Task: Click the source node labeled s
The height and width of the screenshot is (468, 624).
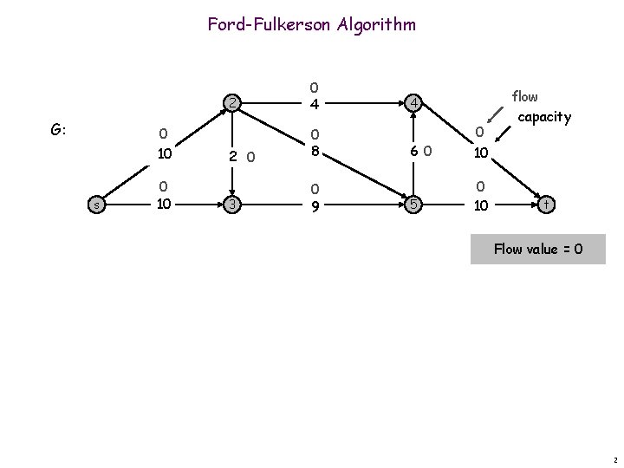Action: point(96,205)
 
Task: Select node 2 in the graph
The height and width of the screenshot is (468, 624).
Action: point(232,103)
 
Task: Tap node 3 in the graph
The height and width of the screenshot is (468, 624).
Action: point(232,205)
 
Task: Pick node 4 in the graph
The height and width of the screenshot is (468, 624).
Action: point(413,103)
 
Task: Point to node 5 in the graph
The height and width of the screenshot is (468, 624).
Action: point(413,205)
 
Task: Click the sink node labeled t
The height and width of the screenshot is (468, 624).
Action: point(546,205)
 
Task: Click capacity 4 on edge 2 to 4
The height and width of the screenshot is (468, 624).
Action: point(315,104)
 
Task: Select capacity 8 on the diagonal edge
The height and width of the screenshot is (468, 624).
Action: point(315,151)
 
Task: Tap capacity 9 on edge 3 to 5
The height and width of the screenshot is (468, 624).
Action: point(315,206)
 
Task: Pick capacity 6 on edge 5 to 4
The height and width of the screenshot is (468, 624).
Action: point(414,151)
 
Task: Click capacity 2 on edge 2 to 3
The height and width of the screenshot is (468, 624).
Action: point(233,156)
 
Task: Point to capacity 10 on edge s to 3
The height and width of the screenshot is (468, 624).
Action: point(164,204)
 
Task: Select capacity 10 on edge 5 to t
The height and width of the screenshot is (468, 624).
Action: point(481,205)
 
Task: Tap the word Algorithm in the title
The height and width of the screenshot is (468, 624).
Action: point(376,25)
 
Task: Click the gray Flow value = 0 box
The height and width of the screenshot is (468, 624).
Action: point(538,249)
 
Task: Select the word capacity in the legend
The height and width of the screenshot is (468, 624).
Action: point(544,117)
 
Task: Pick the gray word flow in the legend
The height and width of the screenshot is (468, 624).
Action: point(524,96)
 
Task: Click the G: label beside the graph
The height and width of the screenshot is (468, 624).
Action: point(58,130)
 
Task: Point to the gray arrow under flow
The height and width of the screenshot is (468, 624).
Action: point(495,114)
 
